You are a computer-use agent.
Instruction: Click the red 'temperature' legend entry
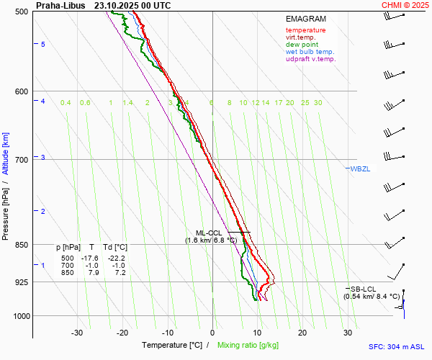[x=305, y=30]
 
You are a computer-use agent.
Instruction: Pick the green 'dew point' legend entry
[x=302, y=45]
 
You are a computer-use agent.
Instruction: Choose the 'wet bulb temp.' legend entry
[x=310, y=52]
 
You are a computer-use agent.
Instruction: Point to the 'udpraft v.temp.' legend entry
[x=310, y=59]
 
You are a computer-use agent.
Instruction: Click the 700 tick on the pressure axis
[x=21, y=160]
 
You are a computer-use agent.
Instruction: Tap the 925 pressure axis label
[x=21, y=282]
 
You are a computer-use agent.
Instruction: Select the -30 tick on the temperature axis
[x=77, y=333]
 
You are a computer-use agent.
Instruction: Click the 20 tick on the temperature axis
[x=302, y=333]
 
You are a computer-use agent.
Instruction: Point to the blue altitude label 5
[x=43, y=45]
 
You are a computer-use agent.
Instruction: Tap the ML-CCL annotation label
[x=209, y=233]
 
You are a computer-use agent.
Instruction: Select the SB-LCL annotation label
[x=364, y=289]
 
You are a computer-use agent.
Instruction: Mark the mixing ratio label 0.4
[x=66, y=103]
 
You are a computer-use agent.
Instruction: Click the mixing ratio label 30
[x=318, y=103]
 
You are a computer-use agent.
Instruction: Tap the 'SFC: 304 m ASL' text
[x=400, y=346]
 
